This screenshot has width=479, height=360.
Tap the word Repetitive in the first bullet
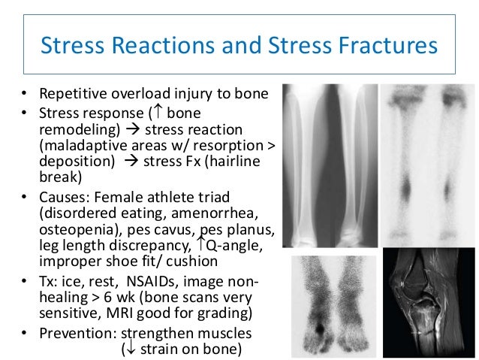pos(71,96)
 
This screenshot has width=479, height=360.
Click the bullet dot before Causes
pos(24,198)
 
